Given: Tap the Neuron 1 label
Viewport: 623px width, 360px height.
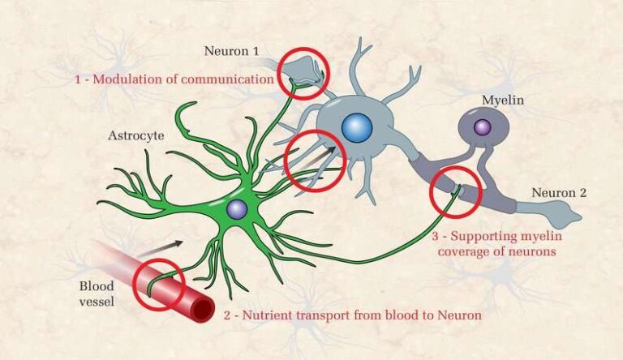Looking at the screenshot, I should pyautogui.click(x=232, y=51).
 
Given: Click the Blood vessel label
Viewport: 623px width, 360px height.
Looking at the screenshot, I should pyautogui.click(x=97, y=294).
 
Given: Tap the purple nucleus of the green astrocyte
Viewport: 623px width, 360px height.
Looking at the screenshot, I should pyautogui.click(x=237, y=209).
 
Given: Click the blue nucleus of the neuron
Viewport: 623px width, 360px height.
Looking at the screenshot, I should pyautogui.click(x=356, y=127).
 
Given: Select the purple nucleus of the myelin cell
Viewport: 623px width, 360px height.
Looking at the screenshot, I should pyautogui.click(x=483, y=126).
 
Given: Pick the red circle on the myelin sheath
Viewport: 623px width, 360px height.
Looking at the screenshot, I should pyautogui.click(x=455, y=192).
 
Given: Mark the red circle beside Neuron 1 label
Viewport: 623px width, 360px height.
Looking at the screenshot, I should pyautogui.click(x=303, y=72).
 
